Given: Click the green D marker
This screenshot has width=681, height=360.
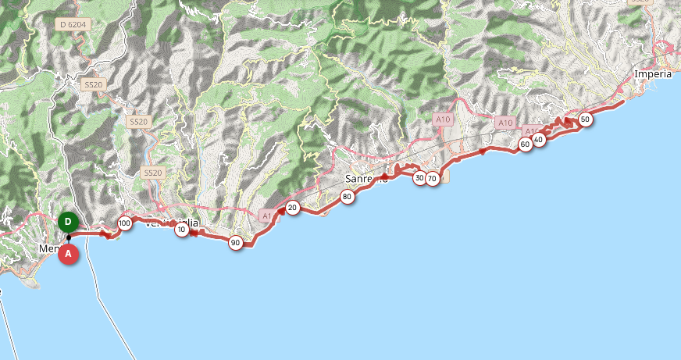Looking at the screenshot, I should point(68,222).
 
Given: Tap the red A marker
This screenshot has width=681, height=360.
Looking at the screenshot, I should point(69,254).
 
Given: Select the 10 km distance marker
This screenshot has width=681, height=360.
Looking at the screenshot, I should point(182,230).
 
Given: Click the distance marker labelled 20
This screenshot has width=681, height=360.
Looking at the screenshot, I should point(292,207).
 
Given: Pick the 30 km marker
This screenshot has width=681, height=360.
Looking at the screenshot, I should point(419,178).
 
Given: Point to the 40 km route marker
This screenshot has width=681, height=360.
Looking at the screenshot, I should point(538,139).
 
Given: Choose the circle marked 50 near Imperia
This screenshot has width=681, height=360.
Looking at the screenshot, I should point(585,119).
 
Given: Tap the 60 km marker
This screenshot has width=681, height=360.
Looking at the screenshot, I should point(525,144).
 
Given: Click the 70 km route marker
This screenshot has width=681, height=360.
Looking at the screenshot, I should point(432,179).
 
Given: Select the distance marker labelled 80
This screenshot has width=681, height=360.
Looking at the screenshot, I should point(347,197).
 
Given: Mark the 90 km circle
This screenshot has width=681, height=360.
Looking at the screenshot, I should point(235,243).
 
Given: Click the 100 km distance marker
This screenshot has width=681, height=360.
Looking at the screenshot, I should point(124,224).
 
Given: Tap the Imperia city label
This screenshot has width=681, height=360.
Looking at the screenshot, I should point(653,74).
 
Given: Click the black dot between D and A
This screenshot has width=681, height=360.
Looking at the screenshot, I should point(69,238).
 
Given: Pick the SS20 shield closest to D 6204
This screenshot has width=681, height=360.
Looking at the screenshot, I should point(93,84).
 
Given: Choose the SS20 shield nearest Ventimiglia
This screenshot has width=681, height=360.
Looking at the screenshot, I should point(152,173).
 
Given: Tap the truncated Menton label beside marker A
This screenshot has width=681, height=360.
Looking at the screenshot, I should point(48,249).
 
